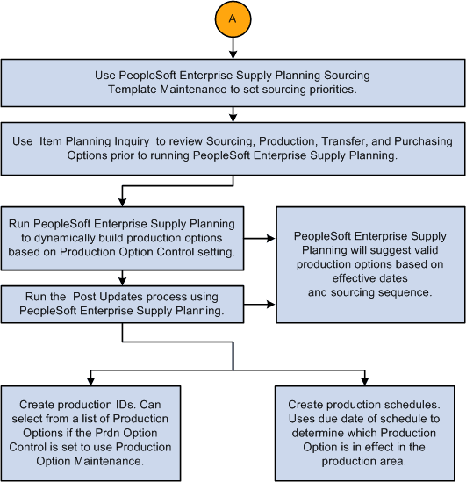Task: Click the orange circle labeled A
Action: (233, 19)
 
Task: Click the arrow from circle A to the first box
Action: (233, 49)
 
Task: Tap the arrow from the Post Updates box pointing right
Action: (259, 304)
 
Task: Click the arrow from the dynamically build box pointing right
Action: (259, 237)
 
